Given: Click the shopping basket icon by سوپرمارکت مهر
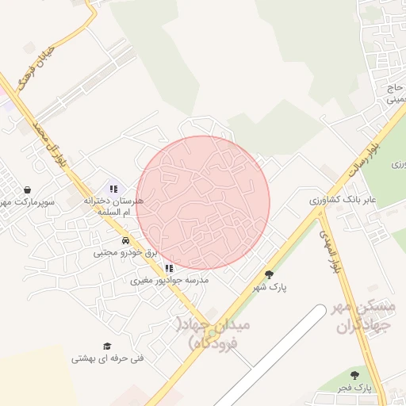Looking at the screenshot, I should click(x=29, y=190).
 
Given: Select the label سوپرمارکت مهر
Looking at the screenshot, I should click(x=27, y=203).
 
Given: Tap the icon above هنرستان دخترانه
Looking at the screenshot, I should click(x=113, y=189).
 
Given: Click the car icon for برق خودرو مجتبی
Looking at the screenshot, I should click(x=125, y=240).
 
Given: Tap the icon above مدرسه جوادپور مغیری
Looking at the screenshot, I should click(x=168, y=268).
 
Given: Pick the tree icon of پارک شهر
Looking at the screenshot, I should click(x=269, y=274).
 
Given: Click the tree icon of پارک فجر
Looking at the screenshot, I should click(x=354, y=375).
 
